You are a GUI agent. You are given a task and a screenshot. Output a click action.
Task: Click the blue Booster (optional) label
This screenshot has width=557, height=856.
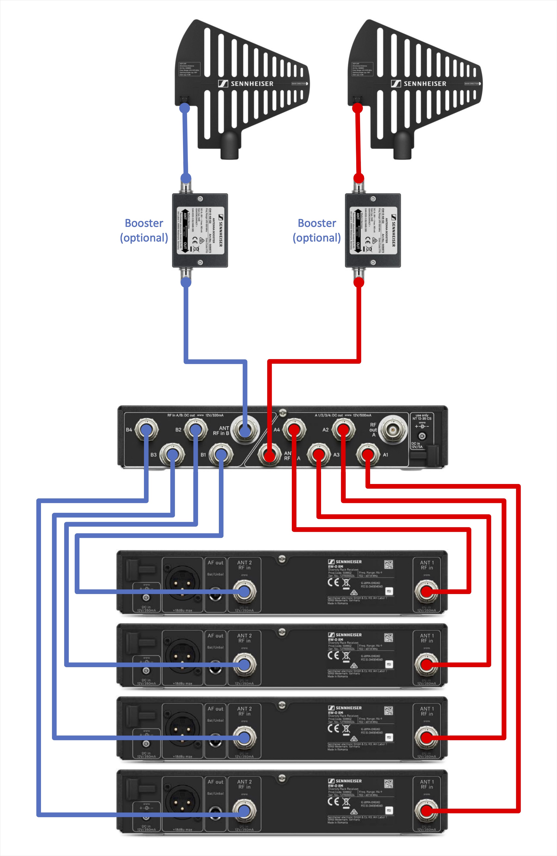tap(144, 230)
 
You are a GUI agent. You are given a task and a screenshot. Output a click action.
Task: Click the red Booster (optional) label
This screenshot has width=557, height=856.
tap(317, 230)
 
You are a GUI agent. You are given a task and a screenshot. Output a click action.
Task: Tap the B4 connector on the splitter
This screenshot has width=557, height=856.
tap(146, 429)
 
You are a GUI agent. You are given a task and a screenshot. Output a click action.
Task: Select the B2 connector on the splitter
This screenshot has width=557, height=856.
tap(195, 429)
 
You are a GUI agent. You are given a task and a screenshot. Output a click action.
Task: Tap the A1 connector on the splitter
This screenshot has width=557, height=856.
tap(367, 455)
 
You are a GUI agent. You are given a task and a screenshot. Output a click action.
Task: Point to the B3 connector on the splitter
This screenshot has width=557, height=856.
tap(172, 455)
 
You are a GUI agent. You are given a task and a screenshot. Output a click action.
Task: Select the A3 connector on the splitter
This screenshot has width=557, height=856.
tap(318, 455)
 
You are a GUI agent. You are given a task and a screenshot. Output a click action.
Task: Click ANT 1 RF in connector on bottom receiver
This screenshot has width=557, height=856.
tap(426, 810)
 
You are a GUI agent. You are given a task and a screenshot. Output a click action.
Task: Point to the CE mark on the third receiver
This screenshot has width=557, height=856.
tap(333, 728)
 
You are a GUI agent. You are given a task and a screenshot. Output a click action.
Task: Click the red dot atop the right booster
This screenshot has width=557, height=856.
tap(358, 178)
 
